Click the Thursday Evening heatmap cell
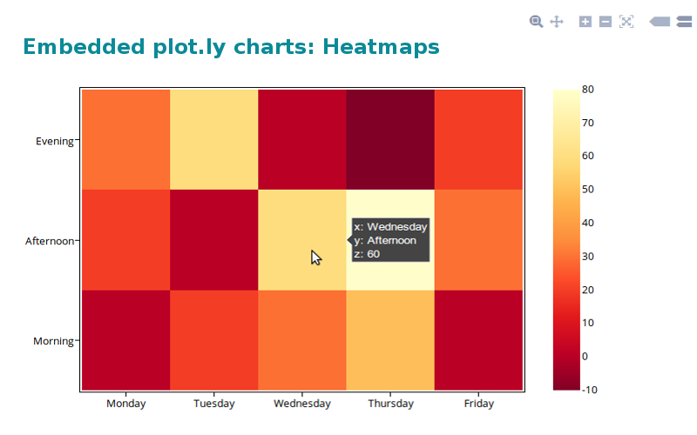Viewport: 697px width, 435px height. (390, 138)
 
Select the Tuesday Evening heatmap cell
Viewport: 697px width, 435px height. (214, 138)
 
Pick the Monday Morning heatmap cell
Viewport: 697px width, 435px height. (125, 340)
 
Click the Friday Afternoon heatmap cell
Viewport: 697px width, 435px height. (478, 239)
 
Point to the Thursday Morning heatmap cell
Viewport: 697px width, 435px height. (390, 340)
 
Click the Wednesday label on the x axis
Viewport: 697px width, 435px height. (302, 404)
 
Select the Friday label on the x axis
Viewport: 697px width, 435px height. (478, 404)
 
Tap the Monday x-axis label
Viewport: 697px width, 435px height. (125, 404)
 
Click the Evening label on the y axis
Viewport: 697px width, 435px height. (54, 140)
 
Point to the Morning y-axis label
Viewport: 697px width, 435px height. (53, 341)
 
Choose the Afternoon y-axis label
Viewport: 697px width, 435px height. (49, 240)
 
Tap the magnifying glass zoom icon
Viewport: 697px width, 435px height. (537, 21)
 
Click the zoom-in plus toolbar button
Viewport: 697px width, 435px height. (585, 21)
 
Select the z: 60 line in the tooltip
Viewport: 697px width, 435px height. (367, 254)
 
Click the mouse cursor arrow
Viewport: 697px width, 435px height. (315, 257)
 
